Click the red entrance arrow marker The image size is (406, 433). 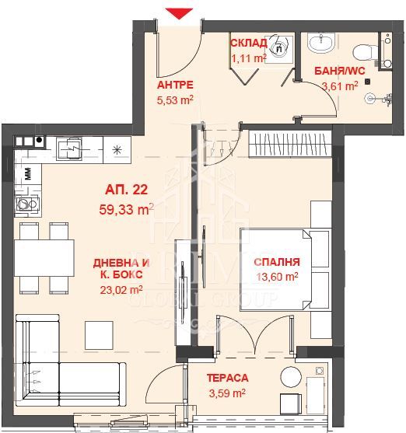[179, 13]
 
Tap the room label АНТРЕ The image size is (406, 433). [175, 85]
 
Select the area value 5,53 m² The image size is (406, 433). [175, 100]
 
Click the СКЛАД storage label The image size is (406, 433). [249, 43]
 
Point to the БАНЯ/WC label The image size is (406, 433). [340, 71]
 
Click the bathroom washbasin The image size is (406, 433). [321, 43]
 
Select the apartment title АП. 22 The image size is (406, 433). [127, 190]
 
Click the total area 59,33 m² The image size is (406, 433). [127, 209]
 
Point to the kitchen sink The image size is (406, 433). [69, 148]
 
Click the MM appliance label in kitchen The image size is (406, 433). [28, 173]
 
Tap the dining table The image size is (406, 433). [44, 258]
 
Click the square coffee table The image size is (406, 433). [99, 335]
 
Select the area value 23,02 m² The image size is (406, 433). [121, 290]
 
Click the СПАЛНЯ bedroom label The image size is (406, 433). [277, 262]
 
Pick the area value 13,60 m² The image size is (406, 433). [277, 276]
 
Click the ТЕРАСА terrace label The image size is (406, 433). [227, 378]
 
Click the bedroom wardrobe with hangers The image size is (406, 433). [290, 144]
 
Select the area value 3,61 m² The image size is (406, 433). [340, 86]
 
